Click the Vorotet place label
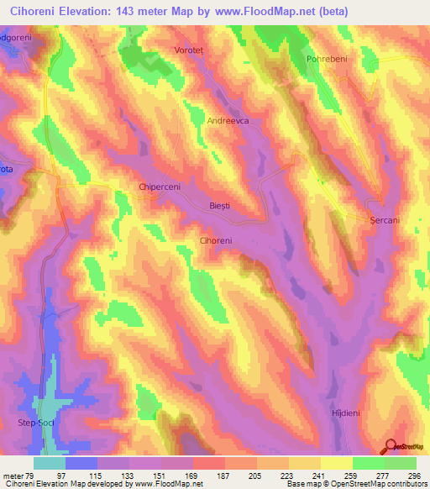(x=190, y=50)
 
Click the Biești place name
(x=219, y=205)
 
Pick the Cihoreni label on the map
(x=216, y=240)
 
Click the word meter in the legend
(x=14, y=476)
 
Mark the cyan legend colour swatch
(x=50, y=463)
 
